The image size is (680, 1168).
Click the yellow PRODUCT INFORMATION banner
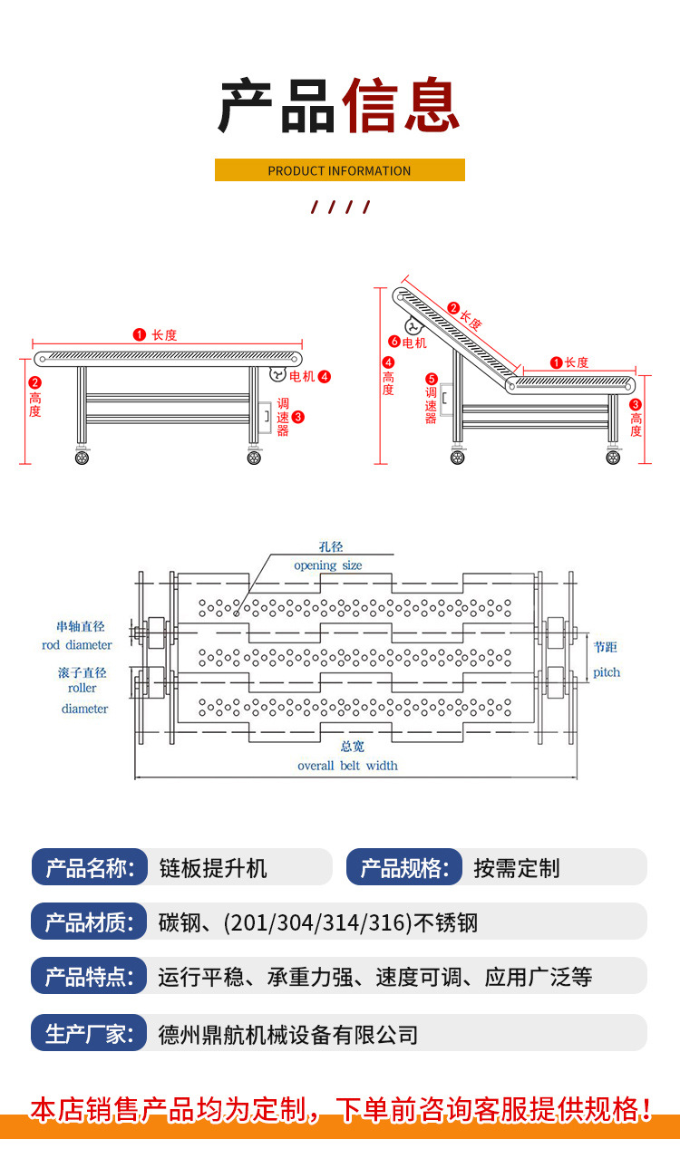pos(339,170)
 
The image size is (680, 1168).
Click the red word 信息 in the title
pos(402,107)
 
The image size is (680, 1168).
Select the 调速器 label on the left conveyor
pos(283,417)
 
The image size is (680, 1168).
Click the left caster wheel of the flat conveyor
pos(83,458)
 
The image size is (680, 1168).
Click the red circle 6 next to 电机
pos(394,343)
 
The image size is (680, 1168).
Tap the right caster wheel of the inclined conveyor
pos(614,457)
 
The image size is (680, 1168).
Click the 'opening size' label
pos(327,565)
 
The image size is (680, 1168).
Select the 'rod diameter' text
pos(77,645)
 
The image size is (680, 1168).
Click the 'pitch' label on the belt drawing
pos(607,672)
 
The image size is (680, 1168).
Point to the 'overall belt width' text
pos(347,766)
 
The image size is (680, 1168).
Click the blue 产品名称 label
pos(89,867)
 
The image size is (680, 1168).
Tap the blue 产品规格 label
pos(403,867)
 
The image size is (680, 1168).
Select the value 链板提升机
pos(213,867)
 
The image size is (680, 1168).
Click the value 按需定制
pos(517,867)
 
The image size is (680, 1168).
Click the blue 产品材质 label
pos(89,922)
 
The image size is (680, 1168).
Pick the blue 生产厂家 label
pos(89,1033)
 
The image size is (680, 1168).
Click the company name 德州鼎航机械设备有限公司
pos(287,1033)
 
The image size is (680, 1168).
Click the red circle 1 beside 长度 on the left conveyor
pos(140,334)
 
